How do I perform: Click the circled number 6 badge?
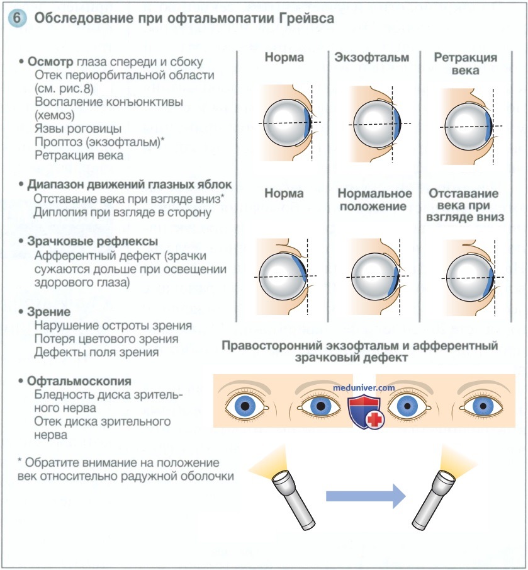tap(17, 18)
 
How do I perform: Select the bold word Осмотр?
tap(50, 62)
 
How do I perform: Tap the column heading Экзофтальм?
tap(371, 57)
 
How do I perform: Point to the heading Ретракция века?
tap(466, 63)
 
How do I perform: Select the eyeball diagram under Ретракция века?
tap(468, 126)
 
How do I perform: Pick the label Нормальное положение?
tap(374, 200)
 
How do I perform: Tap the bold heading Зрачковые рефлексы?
tap(93, 241)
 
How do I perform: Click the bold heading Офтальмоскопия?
tap(79, 381)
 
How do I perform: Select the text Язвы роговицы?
tap(78, 128)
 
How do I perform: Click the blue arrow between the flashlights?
tap(366, 496)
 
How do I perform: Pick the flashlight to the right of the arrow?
tap(434, 499)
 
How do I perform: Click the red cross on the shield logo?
tap(375, 419)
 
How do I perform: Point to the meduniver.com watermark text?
tap(364, 387)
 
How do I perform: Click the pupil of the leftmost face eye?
tap(245, 406)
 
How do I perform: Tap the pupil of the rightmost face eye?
tap(483, 406)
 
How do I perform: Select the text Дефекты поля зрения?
tap(96, 352)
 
